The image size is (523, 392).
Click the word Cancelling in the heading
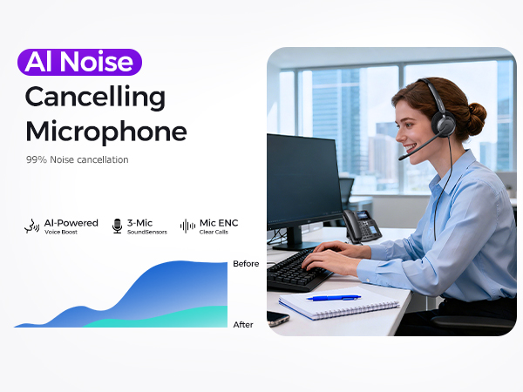click(x=95, y=97)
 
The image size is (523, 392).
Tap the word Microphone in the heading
click(x=105, y=132)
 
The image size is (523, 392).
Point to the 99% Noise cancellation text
click(x=77, y=159)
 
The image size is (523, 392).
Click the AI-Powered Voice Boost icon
click(x=31, y=226)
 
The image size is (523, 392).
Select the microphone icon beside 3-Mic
click(x=118, y=226)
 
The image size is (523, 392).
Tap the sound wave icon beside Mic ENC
click(x=187, y=226)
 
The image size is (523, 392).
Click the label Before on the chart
click(x=246, y=263)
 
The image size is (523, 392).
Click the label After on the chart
click(x=243, y=325)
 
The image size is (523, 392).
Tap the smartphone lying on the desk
click(x=277, y=318)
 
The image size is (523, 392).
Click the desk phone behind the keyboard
click(x=362, y=226)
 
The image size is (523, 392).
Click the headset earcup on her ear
click(x=444, y=125)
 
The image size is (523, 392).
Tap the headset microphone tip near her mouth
click(x=403, y=158)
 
